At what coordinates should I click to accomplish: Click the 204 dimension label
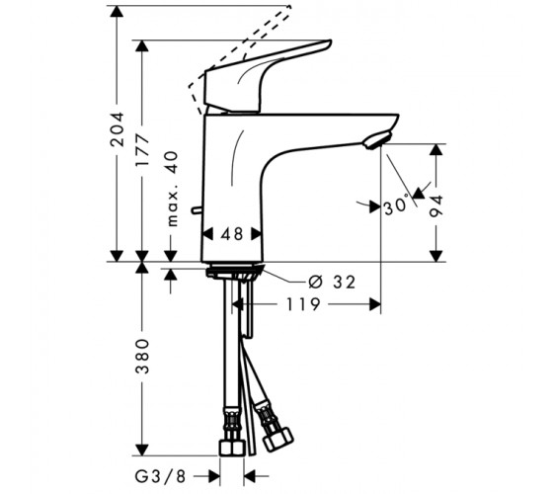(118, 129)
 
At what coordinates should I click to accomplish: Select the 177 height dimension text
(143, 149)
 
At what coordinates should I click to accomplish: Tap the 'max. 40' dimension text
(172, 189)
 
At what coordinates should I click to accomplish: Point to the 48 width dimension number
(232, 233)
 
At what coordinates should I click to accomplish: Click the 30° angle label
(396, 206)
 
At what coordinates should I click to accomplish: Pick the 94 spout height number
(436, 206)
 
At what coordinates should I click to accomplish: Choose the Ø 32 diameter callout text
(332, 282)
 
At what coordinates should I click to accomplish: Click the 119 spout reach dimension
(303, 304)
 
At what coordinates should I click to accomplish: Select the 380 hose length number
(143, 356)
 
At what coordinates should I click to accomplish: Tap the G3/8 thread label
(160, 477)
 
